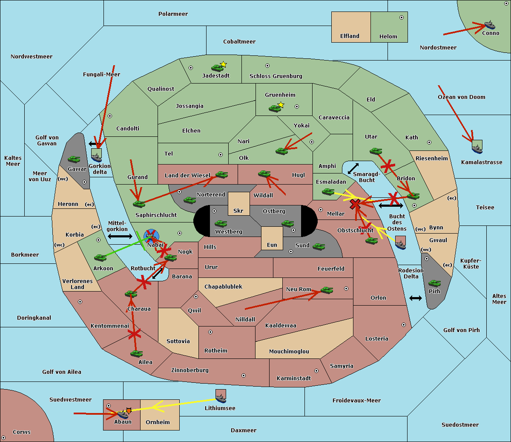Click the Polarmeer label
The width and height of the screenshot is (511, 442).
[x=173, y=14]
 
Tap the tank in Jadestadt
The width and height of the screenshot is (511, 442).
[x=218, y=68]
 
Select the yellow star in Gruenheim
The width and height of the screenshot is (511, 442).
[x=281, y=105]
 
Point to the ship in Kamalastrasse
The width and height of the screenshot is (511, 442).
[x=477, y=147]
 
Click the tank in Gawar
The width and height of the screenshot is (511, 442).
[x=74, y=159]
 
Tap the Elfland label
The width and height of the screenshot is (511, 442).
[x=350, y=36]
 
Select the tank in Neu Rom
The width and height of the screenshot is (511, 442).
[x=327, y=290]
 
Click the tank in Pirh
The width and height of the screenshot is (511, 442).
[x=434, y=283]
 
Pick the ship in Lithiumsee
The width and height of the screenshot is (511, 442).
[x=221, y=398]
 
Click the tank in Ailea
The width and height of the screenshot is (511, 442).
[x=136, y=353]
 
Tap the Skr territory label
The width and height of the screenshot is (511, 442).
[x=238, y=211]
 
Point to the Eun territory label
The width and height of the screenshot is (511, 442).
[x=272, y=245]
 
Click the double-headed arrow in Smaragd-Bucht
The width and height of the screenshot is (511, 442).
[x=353, y=169]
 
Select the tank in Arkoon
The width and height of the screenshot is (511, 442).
[x=100, y=257]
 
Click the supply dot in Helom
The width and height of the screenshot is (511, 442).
[x=401, y=17]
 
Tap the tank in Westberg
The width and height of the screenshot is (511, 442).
[x=221, y=223]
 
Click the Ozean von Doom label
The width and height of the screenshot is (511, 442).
[x=462, y=97]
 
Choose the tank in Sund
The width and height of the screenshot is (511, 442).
[x=319, y=246]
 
